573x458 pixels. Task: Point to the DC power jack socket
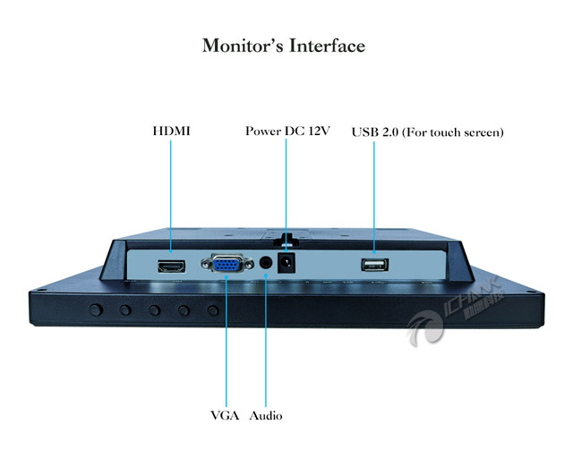[286, 264]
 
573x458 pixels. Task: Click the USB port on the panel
[373, 265]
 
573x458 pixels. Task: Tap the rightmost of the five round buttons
[213, 310]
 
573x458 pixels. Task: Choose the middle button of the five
[154, 310]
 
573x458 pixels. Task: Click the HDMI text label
[170, 131]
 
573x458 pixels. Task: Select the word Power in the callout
[263, 131]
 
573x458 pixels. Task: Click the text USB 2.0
[374, 131]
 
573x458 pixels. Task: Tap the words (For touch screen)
[453, 131]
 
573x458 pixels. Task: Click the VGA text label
[225, 416]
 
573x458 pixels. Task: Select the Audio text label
[266, 416]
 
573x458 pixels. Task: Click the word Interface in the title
[327, 46]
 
